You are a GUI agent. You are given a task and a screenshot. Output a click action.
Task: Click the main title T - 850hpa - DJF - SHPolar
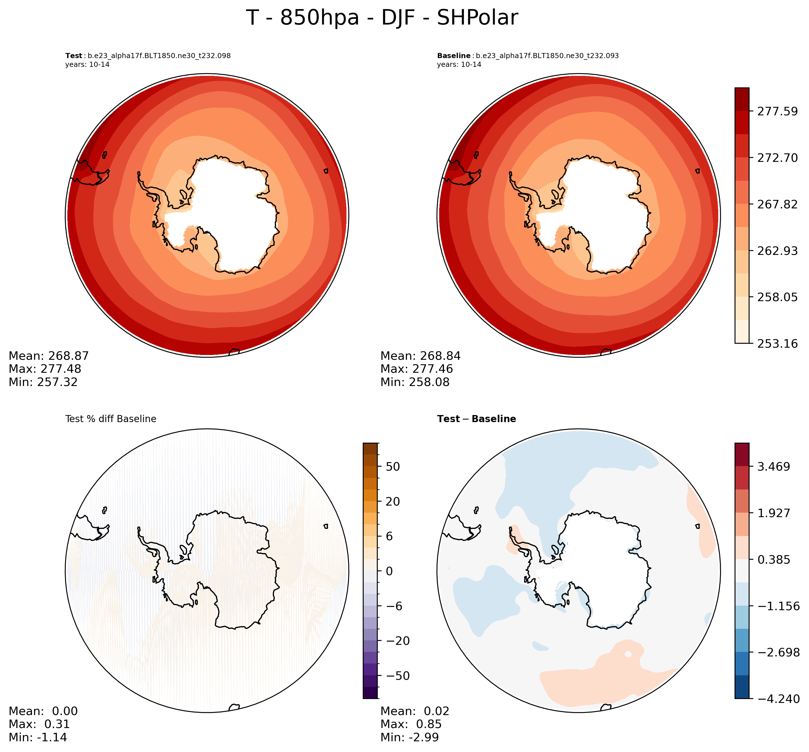382,18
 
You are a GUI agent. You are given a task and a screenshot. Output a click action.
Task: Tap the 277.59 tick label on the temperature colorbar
777,111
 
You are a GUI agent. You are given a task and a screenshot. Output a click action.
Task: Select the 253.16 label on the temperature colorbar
777,344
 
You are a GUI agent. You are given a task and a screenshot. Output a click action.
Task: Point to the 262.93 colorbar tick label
777,251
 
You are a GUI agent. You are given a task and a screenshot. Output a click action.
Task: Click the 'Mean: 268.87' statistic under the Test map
48,356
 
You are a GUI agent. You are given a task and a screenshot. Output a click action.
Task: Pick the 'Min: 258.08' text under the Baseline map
415,382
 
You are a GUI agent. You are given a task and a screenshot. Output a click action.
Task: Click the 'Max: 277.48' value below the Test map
45,369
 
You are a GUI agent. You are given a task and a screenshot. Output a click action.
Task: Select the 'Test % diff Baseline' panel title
110,419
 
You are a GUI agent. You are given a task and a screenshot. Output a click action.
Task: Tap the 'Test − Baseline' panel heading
476,419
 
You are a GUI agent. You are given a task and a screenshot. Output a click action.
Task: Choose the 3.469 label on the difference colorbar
773,467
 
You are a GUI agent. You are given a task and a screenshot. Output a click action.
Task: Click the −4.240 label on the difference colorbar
775,699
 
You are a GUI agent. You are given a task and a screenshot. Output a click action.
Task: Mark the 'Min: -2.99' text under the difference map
410,737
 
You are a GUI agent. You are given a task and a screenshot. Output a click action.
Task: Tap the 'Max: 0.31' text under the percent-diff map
39,724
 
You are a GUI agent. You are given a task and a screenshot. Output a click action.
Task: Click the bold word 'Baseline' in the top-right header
454,56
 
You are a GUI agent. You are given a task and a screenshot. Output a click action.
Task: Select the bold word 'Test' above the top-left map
74,56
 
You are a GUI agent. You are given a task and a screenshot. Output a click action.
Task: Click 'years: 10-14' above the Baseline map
459,65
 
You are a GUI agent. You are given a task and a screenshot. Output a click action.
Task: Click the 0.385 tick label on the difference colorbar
773,560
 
